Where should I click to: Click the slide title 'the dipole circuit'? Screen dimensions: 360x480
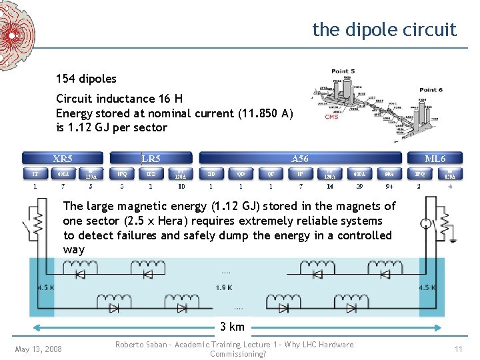[x=384, y=30]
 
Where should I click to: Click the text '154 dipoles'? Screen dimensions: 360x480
[x=86, y=79]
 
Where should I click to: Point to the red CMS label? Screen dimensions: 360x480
[x=331, y=117]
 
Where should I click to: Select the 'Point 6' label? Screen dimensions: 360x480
[x=431, y=90]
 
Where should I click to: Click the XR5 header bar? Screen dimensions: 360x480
[x=63, y=159]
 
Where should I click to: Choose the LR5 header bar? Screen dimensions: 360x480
[x=151, y=159]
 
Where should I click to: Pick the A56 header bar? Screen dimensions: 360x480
[x=300, y=159]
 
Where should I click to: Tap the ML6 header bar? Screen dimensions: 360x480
[x=435, y=159]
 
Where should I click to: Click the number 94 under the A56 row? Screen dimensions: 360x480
[x=389, y=187]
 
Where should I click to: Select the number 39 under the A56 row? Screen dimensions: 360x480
[x=359, y=187]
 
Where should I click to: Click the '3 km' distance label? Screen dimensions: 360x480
[x=233, y=327]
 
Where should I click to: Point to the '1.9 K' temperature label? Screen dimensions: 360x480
[x=224, y=287]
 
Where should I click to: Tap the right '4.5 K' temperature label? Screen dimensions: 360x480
[x=426, y=287]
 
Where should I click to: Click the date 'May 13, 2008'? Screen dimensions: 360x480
[x=39, y=349]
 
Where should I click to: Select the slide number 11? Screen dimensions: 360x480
[x=458, y=349]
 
